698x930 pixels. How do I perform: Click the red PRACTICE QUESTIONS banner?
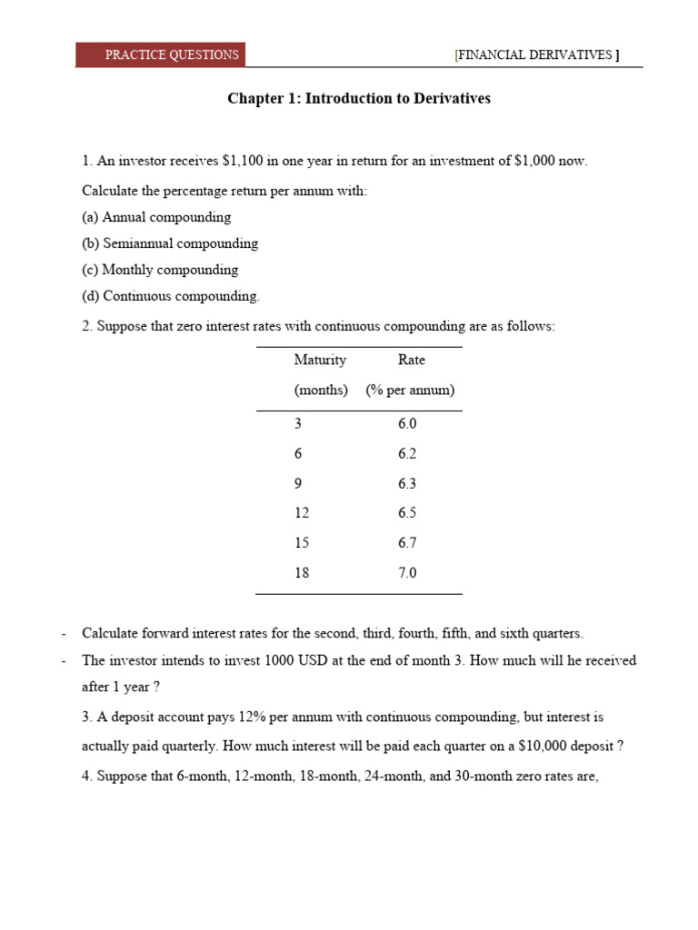point(161,54)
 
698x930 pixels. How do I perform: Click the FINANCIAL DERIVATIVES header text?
point(537,54)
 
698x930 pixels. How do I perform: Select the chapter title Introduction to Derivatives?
point(358,98)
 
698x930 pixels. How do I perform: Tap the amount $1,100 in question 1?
point(242,161)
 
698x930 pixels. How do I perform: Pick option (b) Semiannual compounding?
point(170,243)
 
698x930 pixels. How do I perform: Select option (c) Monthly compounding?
point(160,270)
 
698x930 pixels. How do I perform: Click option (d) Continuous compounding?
point(171,296)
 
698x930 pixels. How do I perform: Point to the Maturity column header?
point(320,360)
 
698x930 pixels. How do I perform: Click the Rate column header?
point(411,360)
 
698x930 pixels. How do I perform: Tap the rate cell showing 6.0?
point(407,424)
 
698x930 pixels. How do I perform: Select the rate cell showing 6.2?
point(407,454)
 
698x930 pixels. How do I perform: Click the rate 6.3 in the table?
point(407,484)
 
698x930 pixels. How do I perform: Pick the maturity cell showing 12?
point(302,513)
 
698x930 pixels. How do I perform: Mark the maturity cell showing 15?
point(302,543)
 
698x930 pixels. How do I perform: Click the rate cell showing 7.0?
point(407,573)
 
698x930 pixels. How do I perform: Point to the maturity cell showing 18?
point(302,573)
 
